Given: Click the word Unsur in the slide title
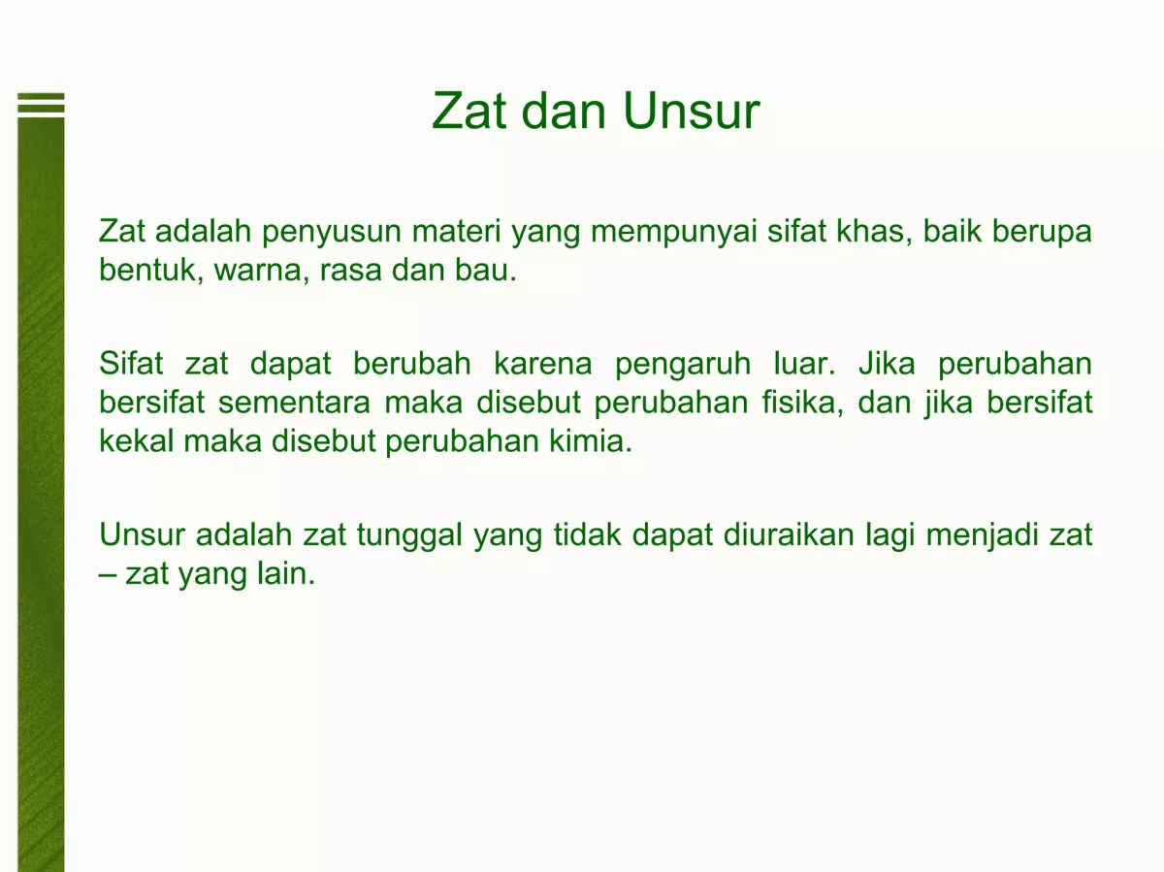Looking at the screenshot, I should [691, 111].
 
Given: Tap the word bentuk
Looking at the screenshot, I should [149, 271].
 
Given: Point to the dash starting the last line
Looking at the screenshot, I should [107, 575].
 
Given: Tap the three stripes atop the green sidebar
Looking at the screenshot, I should [41, 104].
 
